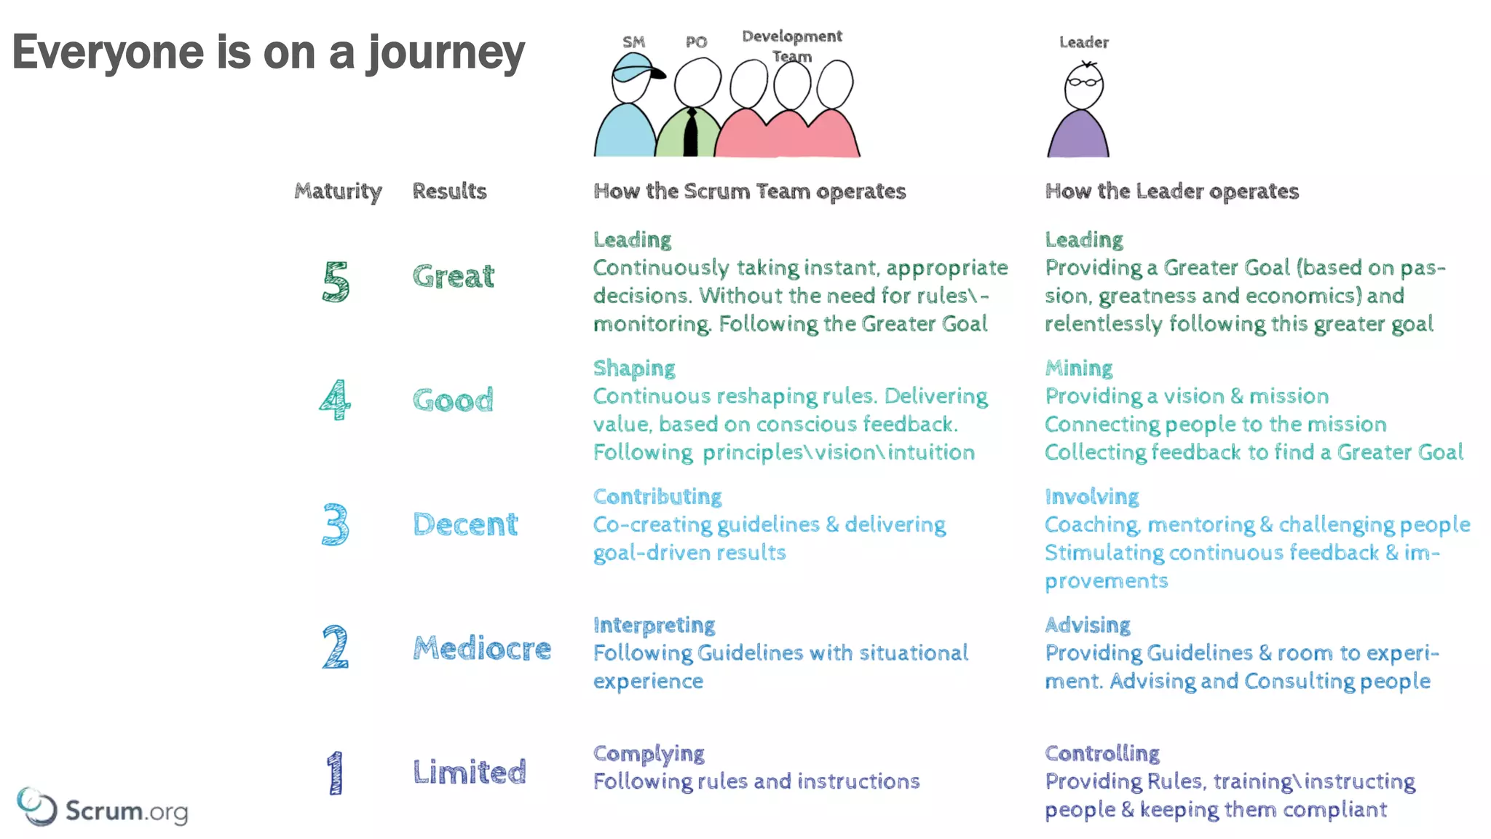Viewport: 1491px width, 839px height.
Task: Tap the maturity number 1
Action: pyautogui.click(x=334, y=773)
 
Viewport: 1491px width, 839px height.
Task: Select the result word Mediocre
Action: pyautogui.click(x=482, y=648)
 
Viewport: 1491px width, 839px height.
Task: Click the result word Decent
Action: pyautogui.click(x=465, y=524)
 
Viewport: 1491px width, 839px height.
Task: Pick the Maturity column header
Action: pyautogui.click(x=338, y=191)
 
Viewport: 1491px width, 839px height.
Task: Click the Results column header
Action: pyautogui.click(x=449, y=191)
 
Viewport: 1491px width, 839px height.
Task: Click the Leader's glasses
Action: pyautogui.click(x=1083, y=82)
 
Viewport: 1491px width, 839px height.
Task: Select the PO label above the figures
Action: pyautogui.click(x=696, y=42)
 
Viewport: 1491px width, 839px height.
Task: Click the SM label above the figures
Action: pyautogui.click(x=633, y=42)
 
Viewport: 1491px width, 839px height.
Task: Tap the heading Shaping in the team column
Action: pyautogui.click(x=634, y=369)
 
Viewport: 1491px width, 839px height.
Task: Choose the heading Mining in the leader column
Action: pyautogui.click(x=1079, y=369)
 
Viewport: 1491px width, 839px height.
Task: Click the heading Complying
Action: pyautogui.click(x=649, y=754)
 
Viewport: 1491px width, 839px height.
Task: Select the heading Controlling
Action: pyautogui.click(x=1102, y=753)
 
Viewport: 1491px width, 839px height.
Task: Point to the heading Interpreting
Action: pyautogui.click(x=654, y=625)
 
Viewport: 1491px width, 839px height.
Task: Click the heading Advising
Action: pyautogui.click(x=1088, y=625)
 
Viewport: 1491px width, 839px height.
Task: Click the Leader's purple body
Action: pyautogui.click(x=1078, y=136)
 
